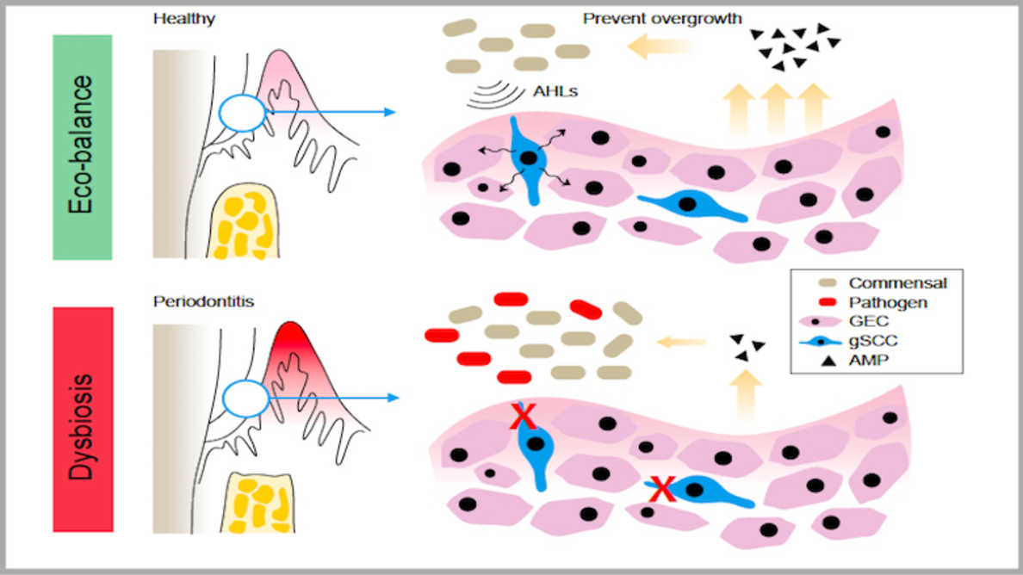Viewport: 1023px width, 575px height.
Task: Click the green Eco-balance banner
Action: pyautogui.click(x=82, y=147)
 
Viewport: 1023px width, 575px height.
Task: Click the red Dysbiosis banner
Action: pyautogui.click(x=83, y=419)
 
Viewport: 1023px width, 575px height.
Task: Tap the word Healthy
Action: pyautogui.click(x=184, y=18)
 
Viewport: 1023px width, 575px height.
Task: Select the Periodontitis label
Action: pyautogui.click(x=203, y=301)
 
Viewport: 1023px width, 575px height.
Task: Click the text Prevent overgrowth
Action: pyautogui.click(x=662, y=18)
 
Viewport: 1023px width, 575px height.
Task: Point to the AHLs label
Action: pyautogui.click(x=555, y=91)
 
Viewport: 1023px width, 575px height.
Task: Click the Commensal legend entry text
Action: pyautogui.click(x=898, y=283)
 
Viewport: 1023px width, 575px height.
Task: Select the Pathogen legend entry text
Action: pyautogui.click(x=888, y=302)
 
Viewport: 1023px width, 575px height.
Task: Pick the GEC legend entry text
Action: pyautogui.click(x=868, y=321)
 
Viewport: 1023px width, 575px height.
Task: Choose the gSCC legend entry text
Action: pyautogui.click(x=873, y=340)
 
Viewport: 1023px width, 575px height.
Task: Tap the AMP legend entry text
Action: pyautogui.click(x=868, y=360)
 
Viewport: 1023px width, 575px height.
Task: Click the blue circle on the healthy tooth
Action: pyautogui.click(x=243, y=96)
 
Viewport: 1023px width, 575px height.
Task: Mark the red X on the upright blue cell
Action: pyautogui.click(x=523, y=415)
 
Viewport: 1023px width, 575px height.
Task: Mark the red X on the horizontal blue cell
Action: pyautogui.click(x=662, y=489)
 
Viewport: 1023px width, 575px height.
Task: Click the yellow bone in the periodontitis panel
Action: pyautogui.click(x=258, y=503)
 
